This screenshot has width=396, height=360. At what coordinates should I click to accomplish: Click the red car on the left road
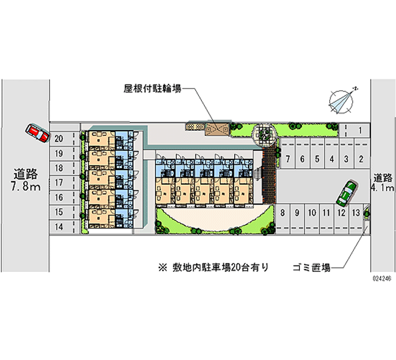pos(37,132)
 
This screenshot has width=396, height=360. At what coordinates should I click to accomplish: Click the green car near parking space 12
pos(346,193)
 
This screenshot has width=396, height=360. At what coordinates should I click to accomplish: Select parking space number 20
pos(58,139)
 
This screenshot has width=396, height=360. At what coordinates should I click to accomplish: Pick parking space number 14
pos(58,227)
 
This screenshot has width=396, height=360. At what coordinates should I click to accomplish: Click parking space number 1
pos(361,131)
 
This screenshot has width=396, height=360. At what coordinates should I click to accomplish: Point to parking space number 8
pos(282,213)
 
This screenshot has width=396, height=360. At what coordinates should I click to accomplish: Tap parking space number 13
pos(355,213)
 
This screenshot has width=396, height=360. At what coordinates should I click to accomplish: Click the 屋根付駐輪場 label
pos(152,89)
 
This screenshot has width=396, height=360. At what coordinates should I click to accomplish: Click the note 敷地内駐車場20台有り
pos(214,267)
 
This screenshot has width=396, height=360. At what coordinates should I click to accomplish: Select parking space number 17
pos(58,183)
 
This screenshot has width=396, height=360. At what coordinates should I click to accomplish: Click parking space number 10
pos(311,213)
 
